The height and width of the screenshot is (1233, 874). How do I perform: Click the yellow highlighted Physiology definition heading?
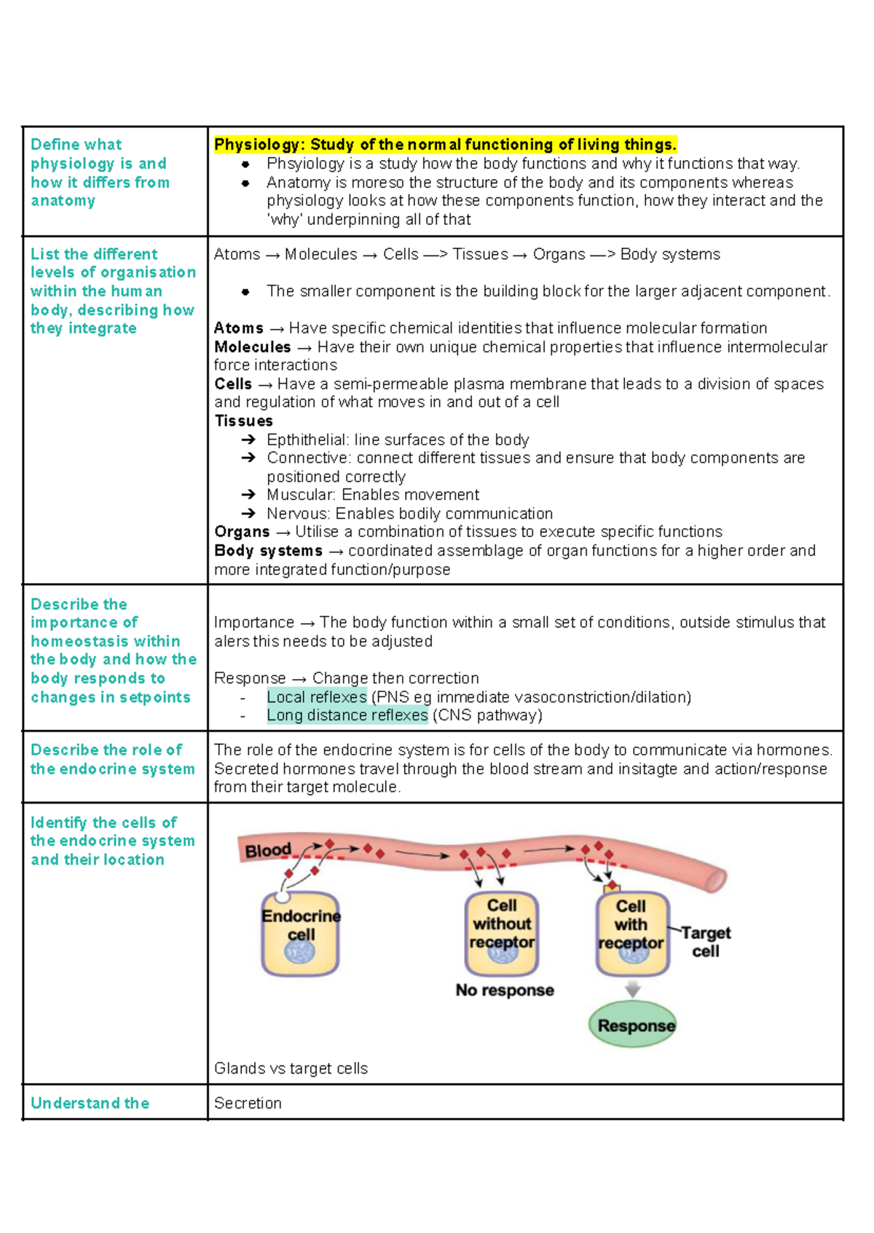coord(445,144)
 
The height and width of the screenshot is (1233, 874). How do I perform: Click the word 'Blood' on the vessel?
coord(268,850)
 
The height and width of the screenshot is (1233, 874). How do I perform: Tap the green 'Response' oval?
coord(632,1025)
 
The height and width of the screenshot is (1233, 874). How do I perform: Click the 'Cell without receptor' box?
coord(502,933)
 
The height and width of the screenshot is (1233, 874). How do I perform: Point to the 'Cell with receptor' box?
coord(631,934)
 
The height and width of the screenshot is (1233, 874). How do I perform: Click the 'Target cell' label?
coord(705,942)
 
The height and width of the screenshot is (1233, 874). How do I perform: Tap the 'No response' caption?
coord(505,990)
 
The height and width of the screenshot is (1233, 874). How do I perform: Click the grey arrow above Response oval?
coord(632,989)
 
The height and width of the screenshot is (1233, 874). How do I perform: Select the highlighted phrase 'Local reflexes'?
coord(316,697)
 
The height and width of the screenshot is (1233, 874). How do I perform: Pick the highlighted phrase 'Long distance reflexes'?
coord(347,715)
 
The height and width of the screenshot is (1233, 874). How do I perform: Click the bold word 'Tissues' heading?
coord(243,421)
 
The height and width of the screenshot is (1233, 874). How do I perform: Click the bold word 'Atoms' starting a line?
coord(238,328)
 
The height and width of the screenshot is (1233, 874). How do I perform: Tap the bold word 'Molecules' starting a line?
coord(252,347)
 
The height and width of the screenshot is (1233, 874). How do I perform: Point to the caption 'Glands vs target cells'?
coord(291,1069)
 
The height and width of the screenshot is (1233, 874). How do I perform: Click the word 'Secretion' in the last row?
coord(248,1103)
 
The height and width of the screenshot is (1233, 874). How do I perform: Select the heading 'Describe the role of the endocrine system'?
coord(112,759)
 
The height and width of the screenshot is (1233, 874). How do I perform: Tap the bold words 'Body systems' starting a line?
coord(268,550)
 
